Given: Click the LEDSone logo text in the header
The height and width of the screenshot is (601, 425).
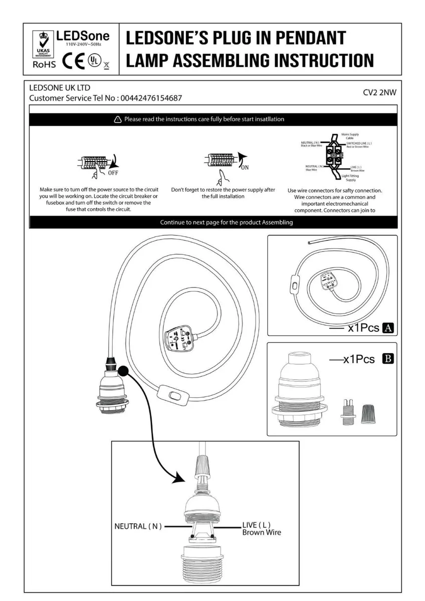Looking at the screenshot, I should [x=83, y=37].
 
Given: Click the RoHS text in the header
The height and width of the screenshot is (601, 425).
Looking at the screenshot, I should [x=44, y=65].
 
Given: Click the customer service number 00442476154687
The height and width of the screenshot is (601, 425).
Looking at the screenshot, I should [x=150, y=98].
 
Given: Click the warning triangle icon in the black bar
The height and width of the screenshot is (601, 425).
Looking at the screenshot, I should [x=117, y=119].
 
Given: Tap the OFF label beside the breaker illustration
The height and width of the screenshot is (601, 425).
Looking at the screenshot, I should [x=114, y=173].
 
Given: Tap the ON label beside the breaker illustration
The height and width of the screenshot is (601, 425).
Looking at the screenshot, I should [x=245, y=167].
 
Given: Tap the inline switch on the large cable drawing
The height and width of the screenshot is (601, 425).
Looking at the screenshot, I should [x=174, y=396].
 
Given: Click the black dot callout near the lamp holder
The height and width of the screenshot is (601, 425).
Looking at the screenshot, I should [x=122, y=371].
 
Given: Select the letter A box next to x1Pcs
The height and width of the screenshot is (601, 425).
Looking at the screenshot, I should [x=388, y=329].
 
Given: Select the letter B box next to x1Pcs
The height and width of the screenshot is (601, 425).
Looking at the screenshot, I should [x=387, y=359].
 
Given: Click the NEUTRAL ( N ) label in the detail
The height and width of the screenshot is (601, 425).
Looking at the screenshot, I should [x=138, y=526].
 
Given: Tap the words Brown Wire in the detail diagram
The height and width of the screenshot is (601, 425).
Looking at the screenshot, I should [x=262, y=532].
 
